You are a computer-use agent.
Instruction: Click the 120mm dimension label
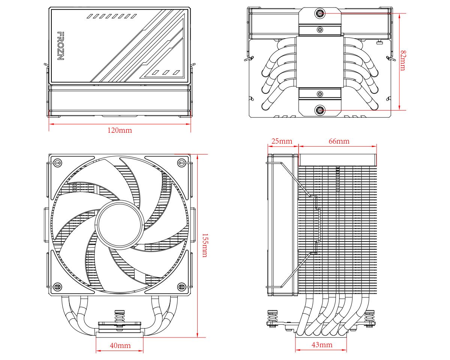pos(120,130)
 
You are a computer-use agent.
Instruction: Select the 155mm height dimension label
pos(204,245)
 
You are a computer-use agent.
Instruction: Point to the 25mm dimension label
pos(282,141)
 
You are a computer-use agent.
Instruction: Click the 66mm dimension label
pos(339,141)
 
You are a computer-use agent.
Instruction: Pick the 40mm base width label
pos(120,345)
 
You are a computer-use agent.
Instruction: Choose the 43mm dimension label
pos(321,345)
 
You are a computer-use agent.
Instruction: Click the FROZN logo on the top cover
pos(60,46)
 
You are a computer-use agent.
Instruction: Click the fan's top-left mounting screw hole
pos(57,162)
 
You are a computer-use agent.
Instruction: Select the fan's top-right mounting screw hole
pos(181,162)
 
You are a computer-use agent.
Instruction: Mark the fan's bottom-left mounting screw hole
pos(57,287)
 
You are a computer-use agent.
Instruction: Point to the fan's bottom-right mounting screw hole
pos(181,287)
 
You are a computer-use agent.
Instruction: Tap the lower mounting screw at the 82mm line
pos(319,110)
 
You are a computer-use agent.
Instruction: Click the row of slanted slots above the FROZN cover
pos(111,16)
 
